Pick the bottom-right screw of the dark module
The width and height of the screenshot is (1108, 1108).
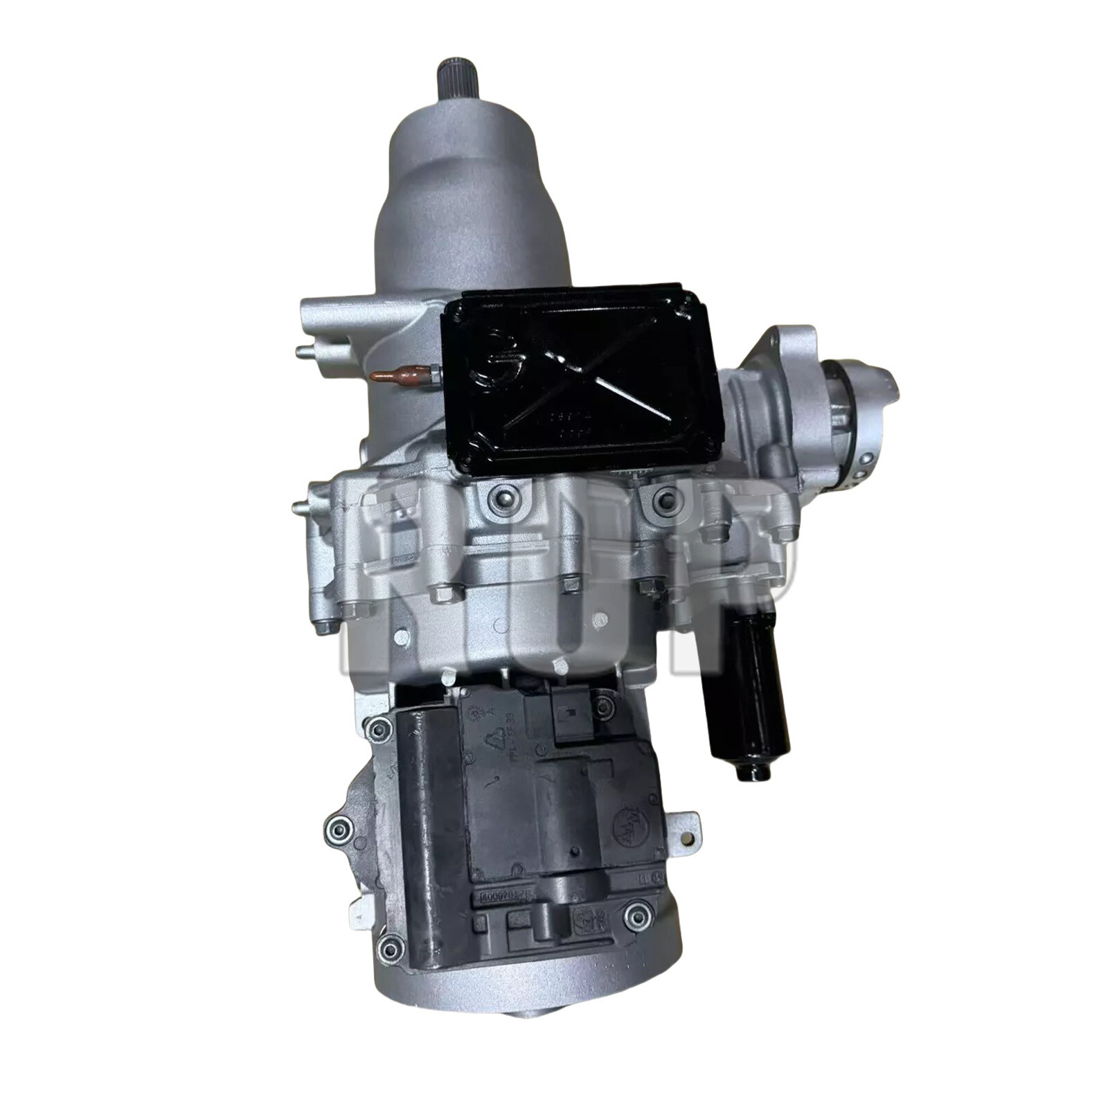click(636, 916)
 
